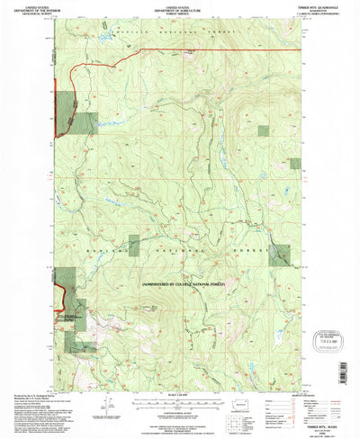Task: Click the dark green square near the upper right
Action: point(262,130)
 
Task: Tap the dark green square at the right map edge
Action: point(278,255)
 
